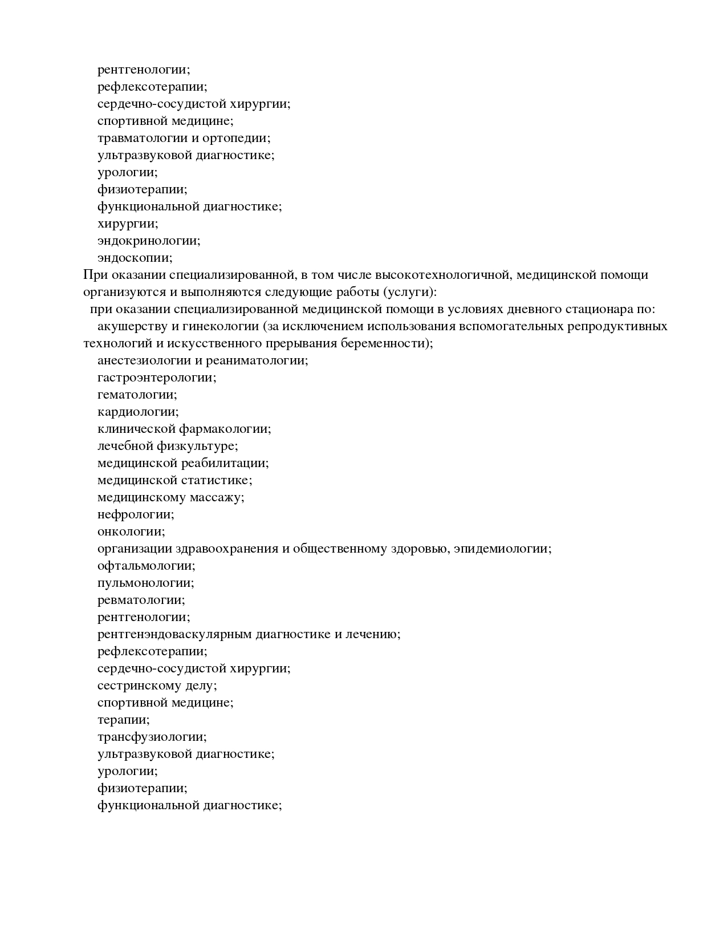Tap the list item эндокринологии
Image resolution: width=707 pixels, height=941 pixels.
(149, 241)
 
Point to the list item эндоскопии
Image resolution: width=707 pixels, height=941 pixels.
(135, 258)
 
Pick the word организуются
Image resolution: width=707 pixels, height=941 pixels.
(118, 292)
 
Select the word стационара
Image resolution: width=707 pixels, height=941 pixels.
(595, 309)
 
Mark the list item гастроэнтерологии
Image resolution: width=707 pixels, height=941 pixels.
(157, 378)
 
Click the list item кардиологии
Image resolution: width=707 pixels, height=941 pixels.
(138, 412)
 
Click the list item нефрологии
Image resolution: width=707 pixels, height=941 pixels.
(136, 514)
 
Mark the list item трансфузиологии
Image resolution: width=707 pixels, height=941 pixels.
(152, 737)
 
